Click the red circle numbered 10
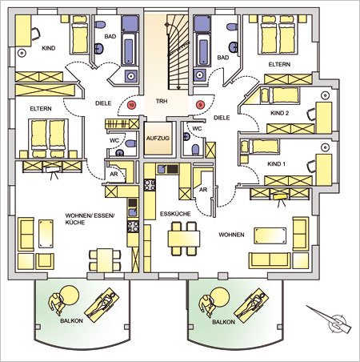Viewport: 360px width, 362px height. [x=131, y=105]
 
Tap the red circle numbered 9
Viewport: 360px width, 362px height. [x=200, y=105]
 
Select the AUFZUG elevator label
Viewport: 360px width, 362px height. [x=158, y=139]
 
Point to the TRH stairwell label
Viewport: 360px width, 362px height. [x=162, y=101]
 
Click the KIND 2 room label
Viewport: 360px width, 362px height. [x=279, y=113]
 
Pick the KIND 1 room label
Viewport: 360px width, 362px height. [x=276, y=164]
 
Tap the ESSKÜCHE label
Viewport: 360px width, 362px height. [x=175, y=214]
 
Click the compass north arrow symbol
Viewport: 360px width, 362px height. [x=330, y=320]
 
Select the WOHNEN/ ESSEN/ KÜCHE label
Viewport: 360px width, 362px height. [x=90, y=219]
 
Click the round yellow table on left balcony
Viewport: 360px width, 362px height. [x=70, y=296]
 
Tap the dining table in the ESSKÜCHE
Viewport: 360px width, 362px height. [x=184, y=239]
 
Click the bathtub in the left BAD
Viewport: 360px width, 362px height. [x=129, y=50]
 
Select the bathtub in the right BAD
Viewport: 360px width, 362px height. [x=203, y=50]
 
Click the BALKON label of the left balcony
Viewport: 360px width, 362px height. [x=71, y=321]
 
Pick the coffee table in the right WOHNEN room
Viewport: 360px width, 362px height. [x=270, y=235]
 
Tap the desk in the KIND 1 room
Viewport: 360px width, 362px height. [x=323, y=170]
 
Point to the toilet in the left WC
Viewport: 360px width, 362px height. [x=130, y=143]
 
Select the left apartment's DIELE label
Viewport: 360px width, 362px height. [x=103, y=103]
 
